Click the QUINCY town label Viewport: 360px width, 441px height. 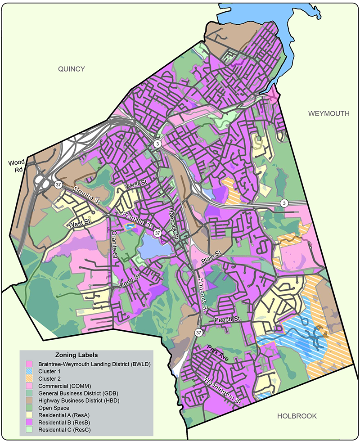(x=71, y=68)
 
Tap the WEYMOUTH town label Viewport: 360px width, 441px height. (x=328, y=113)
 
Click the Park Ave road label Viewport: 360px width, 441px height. (x=218, y=352)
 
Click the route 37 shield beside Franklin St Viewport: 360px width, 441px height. (x=157, y=233)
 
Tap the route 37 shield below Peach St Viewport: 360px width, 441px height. (x=198, y=332)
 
